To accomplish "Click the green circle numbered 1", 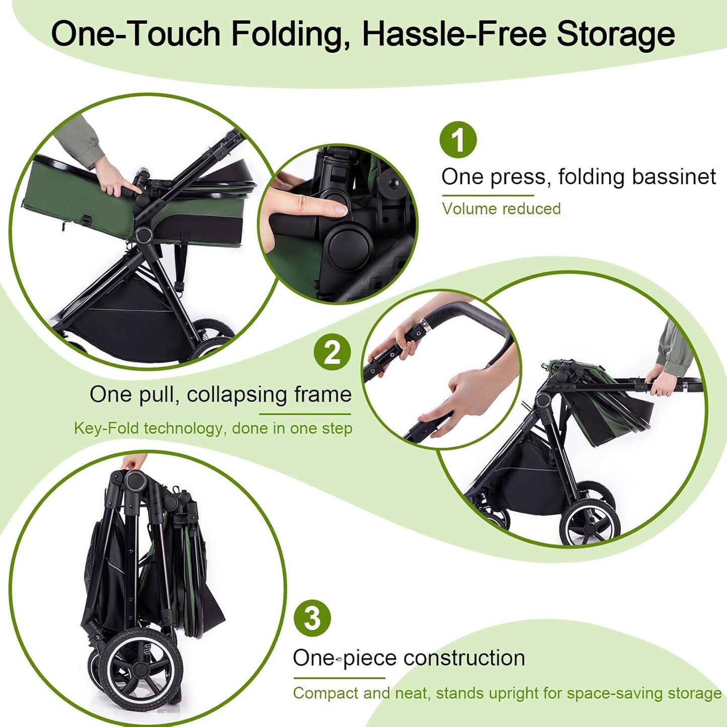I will coord(458,139).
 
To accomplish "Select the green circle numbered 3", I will coord(312,618).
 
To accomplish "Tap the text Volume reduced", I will coord(501,209).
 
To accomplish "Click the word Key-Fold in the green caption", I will coord(106,428).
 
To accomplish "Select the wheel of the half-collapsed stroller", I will coord(590,521).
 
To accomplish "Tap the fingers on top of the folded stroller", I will coord(134,461).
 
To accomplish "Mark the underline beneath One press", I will coord(488,195).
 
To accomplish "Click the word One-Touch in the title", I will coord(136,34).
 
